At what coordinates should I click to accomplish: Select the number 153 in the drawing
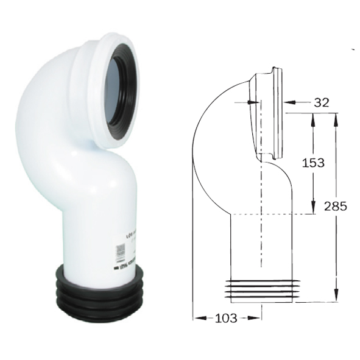pyautogui.click(x=312, y=163)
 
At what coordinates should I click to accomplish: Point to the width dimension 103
pyautogui.click(x=227, y=317)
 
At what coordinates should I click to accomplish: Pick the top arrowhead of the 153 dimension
pyautogui.click(x=313, y=117)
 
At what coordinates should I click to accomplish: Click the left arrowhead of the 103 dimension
pyautogui.click(x=197, y=317)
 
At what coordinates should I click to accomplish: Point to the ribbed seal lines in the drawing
pyautogui.click(x=262, y=289)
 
